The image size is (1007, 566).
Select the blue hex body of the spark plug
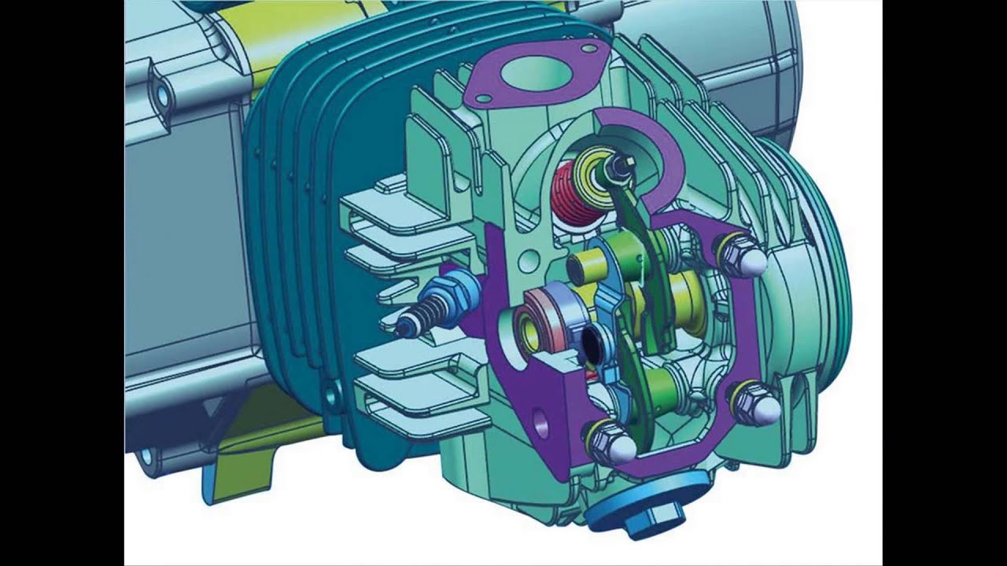(x=456, y=290)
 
